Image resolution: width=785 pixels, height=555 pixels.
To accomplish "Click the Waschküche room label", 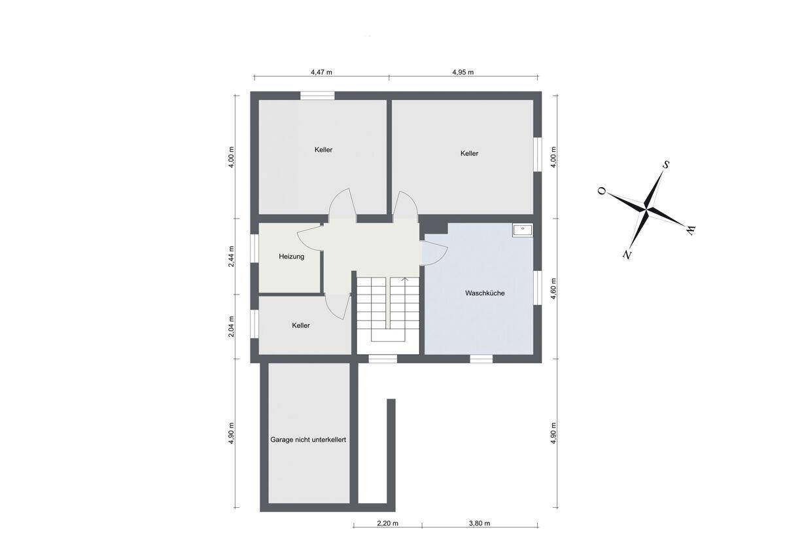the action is click(x=485, y=293).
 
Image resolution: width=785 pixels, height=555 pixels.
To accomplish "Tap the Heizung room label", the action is click(x=291, y=257).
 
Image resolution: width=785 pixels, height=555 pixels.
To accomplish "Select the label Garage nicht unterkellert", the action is click(x=308, y=439).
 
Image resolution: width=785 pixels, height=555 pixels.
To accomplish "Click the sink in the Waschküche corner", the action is click(x=522, y=230).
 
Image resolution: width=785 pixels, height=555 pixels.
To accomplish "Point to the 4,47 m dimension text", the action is click(x=321, y=72).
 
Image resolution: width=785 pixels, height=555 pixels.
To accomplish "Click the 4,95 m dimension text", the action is click(x=463, y=72).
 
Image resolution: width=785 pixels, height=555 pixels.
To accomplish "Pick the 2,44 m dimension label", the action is click(x=232, y=257).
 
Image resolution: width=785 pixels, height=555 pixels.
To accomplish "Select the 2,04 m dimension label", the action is click(x=232, y=327).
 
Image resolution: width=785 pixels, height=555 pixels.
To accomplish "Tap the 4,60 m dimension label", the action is click(x=553, y=289).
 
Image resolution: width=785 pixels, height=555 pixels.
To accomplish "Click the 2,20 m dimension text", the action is click(x=387, y=524).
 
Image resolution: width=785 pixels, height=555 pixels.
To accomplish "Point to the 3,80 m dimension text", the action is click(x=480, y=524).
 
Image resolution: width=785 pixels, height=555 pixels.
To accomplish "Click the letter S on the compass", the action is click(x=666, y=165).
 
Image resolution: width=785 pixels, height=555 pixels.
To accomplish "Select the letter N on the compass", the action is click(x=627, y=254).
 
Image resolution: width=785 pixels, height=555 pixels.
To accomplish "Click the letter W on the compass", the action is click(x=690, y=230).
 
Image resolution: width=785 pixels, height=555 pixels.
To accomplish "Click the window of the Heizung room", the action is click(x=254, y=247).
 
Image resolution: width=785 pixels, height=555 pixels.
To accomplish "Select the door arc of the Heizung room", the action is click(x=309, y=238).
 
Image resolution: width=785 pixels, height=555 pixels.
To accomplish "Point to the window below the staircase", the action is click(x=383, y=359).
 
